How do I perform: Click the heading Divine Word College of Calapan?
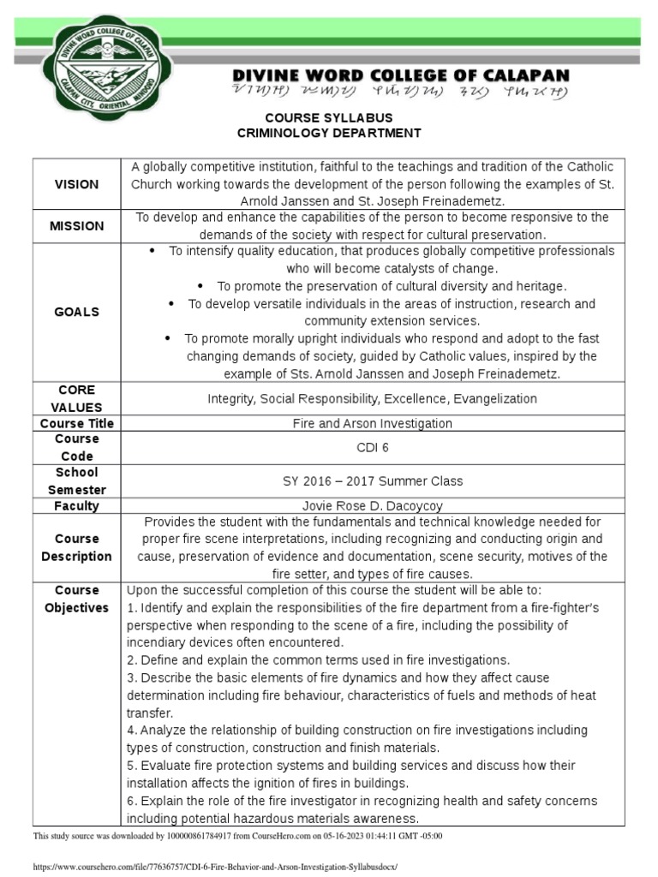pyautogui.click(x=401, y=75)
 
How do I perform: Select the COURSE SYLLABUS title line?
pyautogui.click(x=329, y=116)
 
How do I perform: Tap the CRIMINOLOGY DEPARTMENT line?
pyautogui.click(x=329, y=133)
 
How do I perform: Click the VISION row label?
pyautogui.click(x=76, y=184)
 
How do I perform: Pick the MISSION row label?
pyautogui.click(x=76, y=226)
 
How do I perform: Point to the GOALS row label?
pyautogui.click(x=76, y=312)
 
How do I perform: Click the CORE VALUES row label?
pyautogui.click(x=76, y=398)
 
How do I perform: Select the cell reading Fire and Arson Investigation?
pyautogui.click(x=372, y=423)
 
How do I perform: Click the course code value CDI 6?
pyautogui.click(x=372, y=447)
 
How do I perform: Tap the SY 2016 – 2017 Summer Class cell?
pyautogui.click(x=372, y=481)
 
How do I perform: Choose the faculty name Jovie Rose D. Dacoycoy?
pyautogui.click(x=372, y=505)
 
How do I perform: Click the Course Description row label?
pyautogui.click(x=76, y=547)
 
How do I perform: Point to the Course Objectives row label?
pyautogui.click(x=76, y=599)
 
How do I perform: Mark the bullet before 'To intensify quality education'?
pyautogui.click(x=153, y=251)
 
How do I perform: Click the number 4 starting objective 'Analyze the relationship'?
pyautogui.click(x=131, y=730)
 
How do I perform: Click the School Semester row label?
pyautogui.click(x=76, y=481)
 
